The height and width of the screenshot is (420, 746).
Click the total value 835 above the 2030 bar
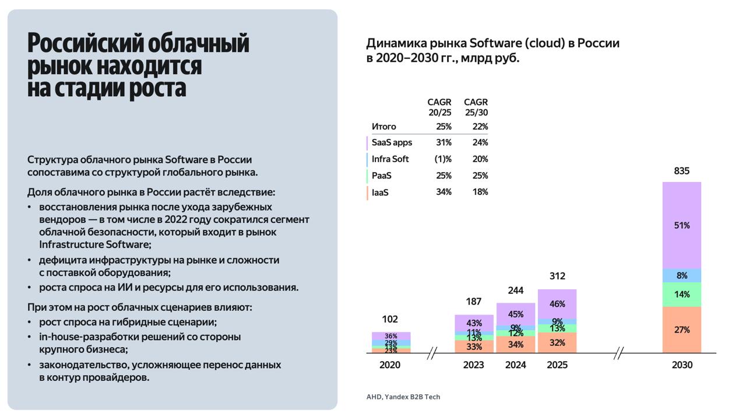coord(681,171)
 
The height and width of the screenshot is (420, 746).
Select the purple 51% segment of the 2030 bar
coord(681,225)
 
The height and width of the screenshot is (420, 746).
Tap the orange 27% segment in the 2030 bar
coord(681,330)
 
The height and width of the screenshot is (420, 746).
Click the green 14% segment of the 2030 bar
coord(681,295)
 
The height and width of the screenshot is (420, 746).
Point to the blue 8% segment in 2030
coord(681,275)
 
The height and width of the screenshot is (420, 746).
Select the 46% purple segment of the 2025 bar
coord(557,304)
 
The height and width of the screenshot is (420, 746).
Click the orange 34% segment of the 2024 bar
coord(516,344)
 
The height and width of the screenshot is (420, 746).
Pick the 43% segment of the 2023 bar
coord(474,323)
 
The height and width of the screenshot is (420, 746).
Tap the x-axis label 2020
coord(390,365)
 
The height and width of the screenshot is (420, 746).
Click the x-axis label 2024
coord(516,365)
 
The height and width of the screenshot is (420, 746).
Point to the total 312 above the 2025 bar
coord(557,276)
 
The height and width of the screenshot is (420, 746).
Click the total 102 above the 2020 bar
coord(390,319)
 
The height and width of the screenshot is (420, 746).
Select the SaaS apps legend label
coord(392,142)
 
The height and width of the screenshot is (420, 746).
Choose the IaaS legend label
coord(380,192)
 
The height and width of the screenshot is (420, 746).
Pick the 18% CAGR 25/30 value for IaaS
coord(480,192)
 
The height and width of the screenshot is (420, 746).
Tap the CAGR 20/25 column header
coord(439,107)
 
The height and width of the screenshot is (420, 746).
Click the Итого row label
coord(383,127)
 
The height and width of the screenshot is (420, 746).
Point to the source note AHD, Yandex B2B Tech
coord(403,397)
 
